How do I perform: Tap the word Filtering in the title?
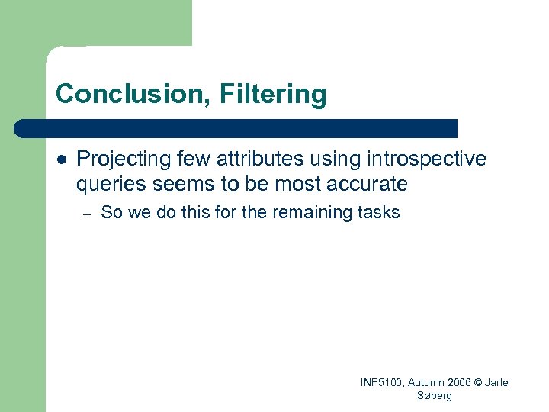click(272, 95)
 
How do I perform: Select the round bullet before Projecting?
click(62, 160)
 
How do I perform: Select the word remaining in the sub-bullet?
click(310, 213)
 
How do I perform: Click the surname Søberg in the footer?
click(435, 395)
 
